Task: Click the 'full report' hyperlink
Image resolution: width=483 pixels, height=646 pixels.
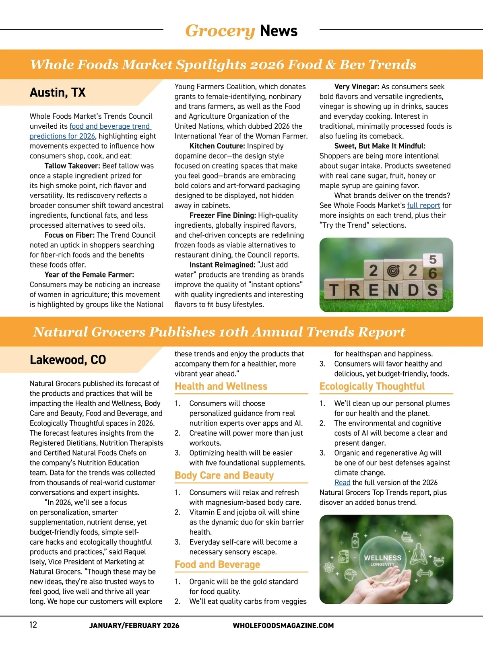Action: click(423, 206)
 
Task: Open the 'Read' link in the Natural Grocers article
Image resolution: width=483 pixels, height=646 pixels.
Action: click(342, 483)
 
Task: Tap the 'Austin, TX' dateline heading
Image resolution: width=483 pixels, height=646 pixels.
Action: click(58, 93)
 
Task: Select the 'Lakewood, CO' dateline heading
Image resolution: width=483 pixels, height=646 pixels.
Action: click(68, 360)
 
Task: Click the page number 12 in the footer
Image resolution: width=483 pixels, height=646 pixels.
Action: click(33, 625)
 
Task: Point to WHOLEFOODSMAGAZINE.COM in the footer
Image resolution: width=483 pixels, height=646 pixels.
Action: click(283, 625)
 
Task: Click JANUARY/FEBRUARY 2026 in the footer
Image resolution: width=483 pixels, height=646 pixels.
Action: click(134, 625)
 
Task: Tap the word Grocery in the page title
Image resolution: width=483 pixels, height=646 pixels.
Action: click(220, 31)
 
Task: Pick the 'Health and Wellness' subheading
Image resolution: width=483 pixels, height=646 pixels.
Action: click(221, 387)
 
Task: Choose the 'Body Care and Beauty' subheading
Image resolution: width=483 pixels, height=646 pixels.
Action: click(224, 475)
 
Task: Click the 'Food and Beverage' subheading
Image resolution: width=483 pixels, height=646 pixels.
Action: click(217, 565)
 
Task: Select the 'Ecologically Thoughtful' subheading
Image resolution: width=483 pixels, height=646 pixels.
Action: click(372, 387)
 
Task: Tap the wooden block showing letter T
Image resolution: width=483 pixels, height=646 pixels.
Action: click(334, 290)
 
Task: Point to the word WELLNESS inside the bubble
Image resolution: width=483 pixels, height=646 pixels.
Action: click(382, 558)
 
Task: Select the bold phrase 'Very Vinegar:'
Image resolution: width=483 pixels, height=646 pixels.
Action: click(357, 87)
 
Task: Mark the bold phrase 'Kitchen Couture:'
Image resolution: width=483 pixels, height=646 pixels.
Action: click(217, 146)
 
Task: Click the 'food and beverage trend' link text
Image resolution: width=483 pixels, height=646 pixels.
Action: click(109, 126)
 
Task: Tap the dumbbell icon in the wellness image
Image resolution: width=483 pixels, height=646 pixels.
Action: click(424, 573)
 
